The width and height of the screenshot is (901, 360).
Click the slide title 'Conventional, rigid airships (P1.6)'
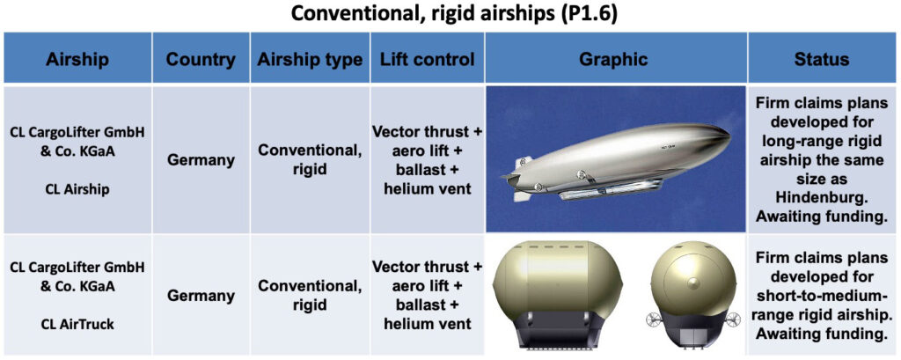tap(454, 14)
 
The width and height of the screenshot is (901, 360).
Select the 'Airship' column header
tap(77, 59)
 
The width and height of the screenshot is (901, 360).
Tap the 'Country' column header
tap(201, 59)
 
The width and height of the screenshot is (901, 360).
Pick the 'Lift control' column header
tap(427, 59)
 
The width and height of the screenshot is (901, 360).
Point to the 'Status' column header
tap(822, 59)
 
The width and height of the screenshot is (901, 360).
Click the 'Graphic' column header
tap(613, 59)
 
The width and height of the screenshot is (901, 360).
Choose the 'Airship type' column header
tap(310, 59)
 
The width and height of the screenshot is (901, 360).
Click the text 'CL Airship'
tap(77, 191)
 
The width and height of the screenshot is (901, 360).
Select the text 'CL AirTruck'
tap(77, 324)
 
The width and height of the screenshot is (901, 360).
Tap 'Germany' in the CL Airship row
tap(201, 159)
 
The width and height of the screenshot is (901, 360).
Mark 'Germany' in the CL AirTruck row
tap(201, 296)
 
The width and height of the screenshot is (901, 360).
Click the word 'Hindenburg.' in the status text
tap(822, 197)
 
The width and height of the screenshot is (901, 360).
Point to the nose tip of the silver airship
tap(729, 136)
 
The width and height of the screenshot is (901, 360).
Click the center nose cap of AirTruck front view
tap(692, 283)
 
